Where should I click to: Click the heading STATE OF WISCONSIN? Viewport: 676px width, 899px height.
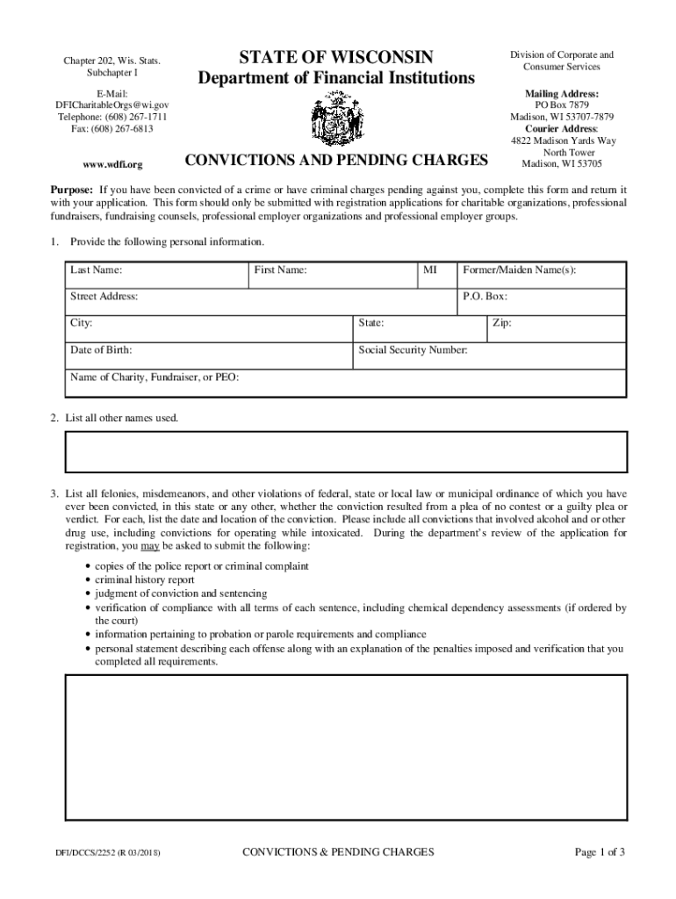point(336,58)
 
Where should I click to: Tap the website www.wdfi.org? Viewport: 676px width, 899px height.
point(112,164)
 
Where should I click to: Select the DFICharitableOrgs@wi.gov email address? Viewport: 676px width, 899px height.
point(112,104)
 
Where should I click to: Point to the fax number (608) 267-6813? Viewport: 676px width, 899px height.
point(112,129)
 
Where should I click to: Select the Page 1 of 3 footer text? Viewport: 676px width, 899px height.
point(600,852)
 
